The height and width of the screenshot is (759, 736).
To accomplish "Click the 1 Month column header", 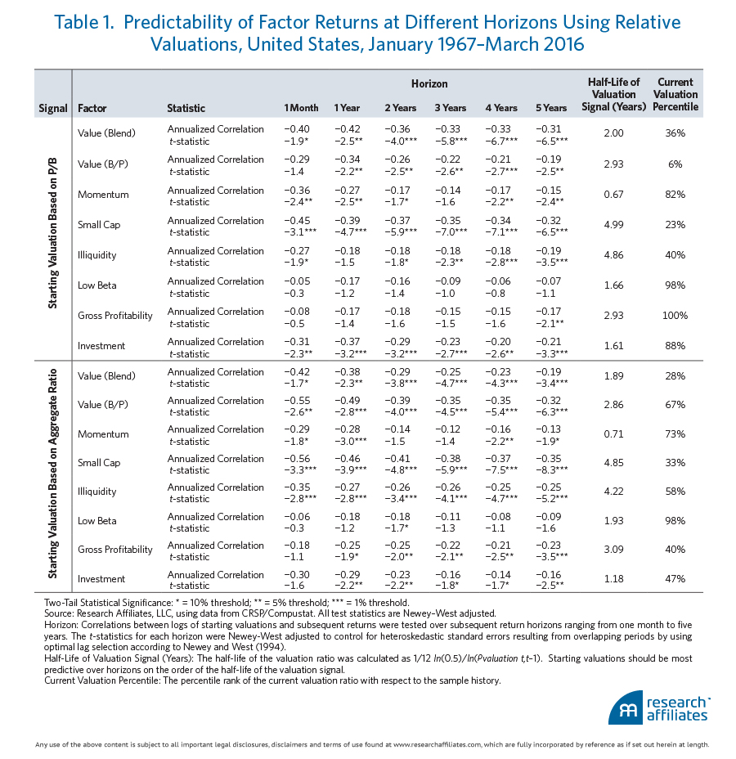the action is click(x=301, y=108).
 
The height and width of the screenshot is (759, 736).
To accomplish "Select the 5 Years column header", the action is click(x=550, y=108).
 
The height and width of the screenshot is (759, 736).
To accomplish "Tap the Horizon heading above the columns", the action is click(x=429, y=83).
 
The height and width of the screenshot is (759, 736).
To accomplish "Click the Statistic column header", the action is click(x=186, y=108).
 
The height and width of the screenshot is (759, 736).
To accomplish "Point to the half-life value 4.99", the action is click(x=613, y=225).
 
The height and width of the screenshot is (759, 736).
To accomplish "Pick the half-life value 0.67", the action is click(x=613, y=195).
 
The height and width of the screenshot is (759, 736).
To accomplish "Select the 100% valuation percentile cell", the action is click(x=675, y=316).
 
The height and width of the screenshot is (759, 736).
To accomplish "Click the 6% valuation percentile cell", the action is click(x=675, y=164).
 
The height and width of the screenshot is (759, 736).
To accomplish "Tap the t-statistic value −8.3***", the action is click(x=552, y=469).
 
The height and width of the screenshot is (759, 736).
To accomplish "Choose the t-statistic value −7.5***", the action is click(x=501, y=469).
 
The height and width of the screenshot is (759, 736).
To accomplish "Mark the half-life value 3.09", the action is click(x=613, y=550).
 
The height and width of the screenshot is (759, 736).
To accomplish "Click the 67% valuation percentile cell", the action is click(x=675, y=405).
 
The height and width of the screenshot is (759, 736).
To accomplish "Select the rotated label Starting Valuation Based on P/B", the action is click(x=52, y=233).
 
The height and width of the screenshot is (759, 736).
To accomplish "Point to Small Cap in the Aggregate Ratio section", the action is click(x=99, y=463).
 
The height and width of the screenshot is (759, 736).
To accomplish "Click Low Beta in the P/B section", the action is click(x=96, y=285).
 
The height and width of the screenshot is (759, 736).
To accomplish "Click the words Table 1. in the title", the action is click(x=83, y=22).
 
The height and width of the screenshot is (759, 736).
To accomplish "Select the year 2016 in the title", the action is click(x=563, y=44).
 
